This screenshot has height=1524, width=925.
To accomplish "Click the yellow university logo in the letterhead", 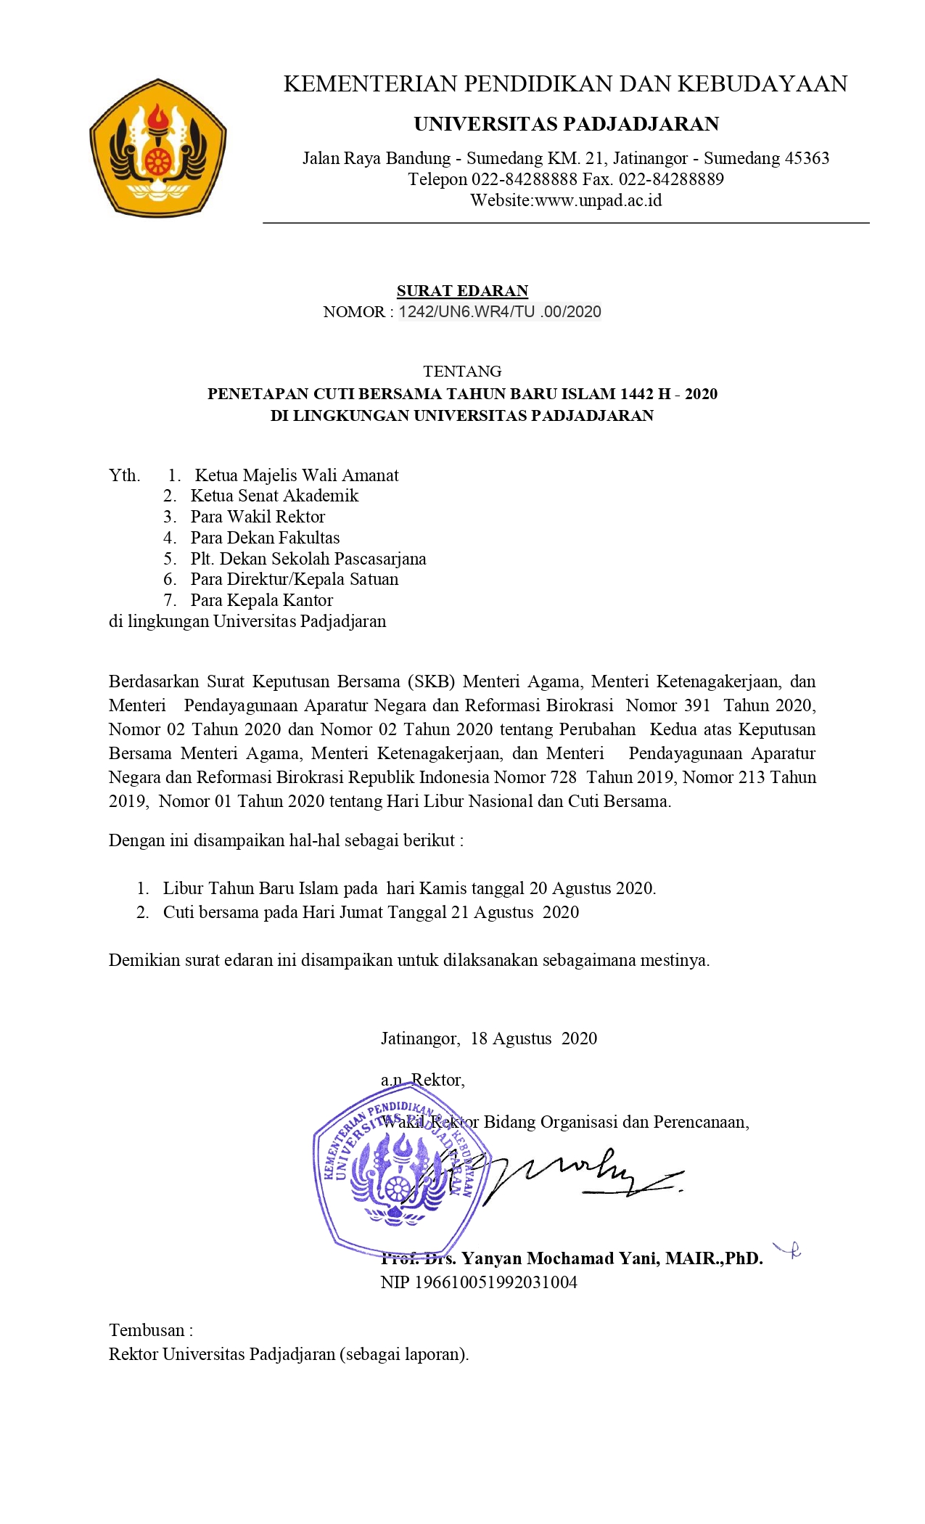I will (x=157, y=148).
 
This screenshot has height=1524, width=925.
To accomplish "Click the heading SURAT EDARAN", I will (x=462, y=291).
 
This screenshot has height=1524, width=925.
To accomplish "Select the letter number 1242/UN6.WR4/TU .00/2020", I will (x=500, y=312).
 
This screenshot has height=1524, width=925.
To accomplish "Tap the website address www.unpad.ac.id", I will (x=598, y=200).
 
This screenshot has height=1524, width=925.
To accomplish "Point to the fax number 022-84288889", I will (x=671, y=179).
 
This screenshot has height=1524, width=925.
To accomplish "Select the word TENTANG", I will (x=462, y=372).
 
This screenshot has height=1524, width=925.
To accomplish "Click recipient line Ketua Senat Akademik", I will (x=274, y=496).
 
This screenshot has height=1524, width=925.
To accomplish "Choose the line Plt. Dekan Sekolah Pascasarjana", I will (x=308, y=559).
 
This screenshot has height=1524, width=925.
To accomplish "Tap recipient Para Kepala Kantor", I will (x=261, y=600).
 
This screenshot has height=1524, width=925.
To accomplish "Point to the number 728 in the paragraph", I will (x=563, y=777).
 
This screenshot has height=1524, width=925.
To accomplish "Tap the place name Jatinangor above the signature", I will (x=419, y=1038).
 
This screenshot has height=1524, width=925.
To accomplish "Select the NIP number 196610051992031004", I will (x=496, y=1282).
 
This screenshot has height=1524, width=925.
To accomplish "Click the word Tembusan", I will (x=147, y=1330).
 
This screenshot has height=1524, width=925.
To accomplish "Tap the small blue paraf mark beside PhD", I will (x=789, y=1250).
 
